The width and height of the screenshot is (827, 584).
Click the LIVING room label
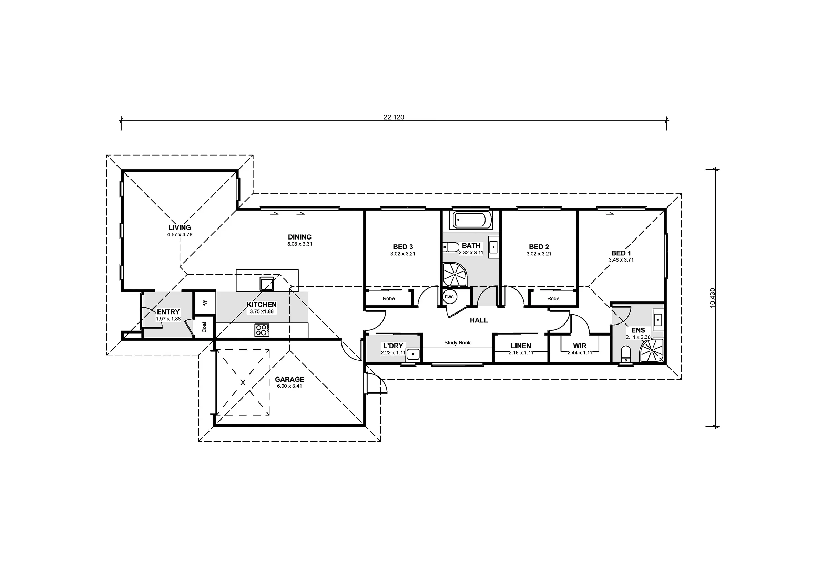tap(180, 227)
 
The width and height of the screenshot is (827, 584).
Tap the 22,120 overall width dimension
tap(394, 117)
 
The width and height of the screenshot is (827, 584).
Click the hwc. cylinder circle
tap(450, 297)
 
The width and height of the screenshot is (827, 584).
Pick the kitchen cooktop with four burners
tap(262, 330)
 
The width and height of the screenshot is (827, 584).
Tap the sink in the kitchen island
tap(267, 284)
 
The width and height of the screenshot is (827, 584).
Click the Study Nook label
tap(457, 342)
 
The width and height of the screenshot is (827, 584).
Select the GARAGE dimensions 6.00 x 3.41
tap(289, 386)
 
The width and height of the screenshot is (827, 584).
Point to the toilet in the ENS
tap(626, 354)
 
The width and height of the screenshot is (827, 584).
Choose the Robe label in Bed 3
tap(389, 298)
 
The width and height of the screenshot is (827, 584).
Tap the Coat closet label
tap(204, 327)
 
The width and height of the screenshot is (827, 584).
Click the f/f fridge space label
tap(205, 303)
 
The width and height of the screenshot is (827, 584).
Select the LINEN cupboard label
tap(521, 346)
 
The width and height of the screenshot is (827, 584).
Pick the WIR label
tap(580, 346)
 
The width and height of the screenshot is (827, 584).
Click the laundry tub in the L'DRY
tap(413, 354)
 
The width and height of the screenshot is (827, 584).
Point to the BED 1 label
tap(621, 253)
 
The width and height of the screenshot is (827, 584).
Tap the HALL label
tap(479, 320)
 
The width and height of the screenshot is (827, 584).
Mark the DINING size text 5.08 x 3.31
tap(300, 244)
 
